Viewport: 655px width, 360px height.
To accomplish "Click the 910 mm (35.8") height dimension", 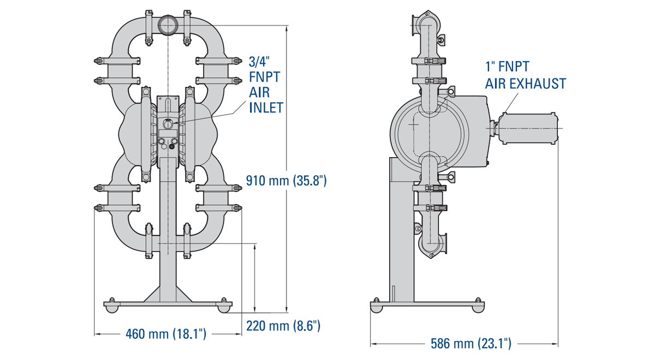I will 286,181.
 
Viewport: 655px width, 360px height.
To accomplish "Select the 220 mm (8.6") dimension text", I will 283,326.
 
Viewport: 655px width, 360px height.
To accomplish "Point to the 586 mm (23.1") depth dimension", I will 471,344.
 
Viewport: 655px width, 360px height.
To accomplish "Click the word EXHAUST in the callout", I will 538,83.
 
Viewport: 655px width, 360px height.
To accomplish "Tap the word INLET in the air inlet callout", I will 266,107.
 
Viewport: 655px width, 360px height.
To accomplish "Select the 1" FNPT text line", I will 508,67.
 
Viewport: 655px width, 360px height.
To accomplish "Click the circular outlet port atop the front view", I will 167,24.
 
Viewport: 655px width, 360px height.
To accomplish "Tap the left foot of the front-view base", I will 111,308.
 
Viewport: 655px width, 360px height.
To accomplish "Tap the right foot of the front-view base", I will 224,308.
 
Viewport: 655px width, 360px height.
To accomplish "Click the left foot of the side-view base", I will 376,308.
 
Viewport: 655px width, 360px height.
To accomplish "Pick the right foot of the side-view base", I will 478,308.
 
